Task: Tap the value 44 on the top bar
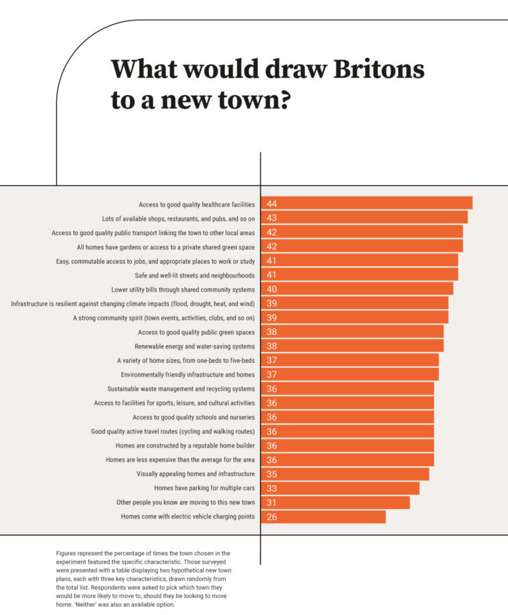[271, 204]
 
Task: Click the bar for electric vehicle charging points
[328, 517]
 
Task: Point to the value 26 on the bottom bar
[271, 517]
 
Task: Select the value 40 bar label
[271, 289]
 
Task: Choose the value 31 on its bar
[271, 502]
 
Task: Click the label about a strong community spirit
[164, 318]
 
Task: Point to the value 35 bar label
[271, 474]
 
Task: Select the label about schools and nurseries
[193, 417]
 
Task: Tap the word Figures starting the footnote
[67, 552]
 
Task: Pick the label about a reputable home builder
[181, 446]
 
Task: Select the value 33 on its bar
[271, 488]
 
